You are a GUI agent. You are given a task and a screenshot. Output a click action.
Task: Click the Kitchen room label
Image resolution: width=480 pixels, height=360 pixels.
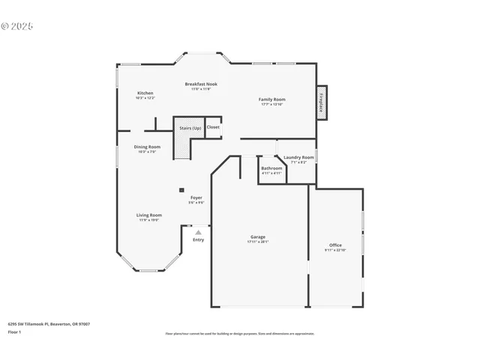(x=145, y=93)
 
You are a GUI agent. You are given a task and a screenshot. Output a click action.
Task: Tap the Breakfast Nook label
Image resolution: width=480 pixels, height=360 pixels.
(x=201, y=84)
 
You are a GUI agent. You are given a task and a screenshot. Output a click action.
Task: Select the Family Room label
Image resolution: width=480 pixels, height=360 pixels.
(x=272, y=99)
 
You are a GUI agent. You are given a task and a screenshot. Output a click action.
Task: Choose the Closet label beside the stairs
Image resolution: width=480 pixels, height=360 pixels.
(x=214, y=127)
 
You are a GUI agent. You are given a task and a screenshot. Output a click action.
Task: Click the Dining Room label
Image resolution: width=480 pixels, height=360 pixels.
(x=147, y=147)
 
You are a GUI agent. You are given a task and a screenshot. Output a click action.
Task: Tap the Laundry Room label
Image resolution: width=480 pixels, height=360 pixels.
(x=298, y=157)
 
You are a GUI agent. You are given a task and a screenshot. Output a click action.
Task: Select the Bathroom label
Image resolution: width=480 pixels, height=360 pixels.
(x=271, y=169)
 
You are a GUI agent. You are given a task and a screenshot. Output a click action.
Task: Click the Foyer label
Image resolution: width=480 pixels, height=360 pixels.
(x=196, y=198)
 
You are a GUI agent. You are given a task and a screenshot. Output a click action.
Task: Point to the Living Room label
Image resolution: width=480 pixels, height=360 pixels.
(x=148, y=215)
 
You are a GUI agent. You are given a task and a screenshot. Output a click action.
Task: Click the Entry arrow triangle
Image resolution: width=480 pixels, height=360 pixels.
(x=198, y=232)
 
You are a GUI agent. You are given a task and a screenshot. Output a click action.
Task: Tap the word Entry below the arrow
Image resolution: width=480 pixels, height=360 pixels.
(x=198, y=240)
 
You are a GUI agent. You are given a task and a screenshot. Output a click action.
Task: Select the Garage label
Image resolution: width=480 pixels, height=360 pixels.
(x=258, y=237)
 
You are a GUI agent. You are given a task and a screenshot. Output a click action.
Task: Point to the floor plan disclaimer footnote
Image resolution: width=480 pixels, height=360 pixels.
(x=240, y=333)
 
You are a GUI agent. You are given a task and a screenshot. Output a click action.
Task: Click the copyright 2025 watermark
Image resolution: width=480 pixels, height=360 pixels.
(x=17, y=25)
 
